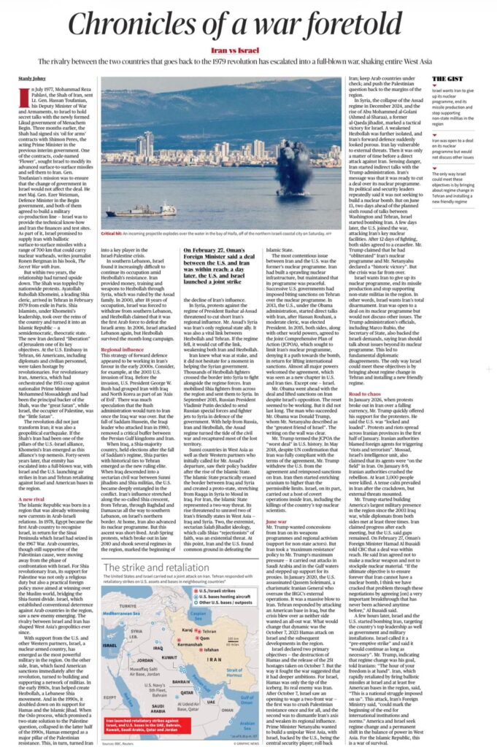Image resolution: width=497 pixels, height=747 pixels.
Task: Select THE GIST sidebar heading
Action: (448, 78)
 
